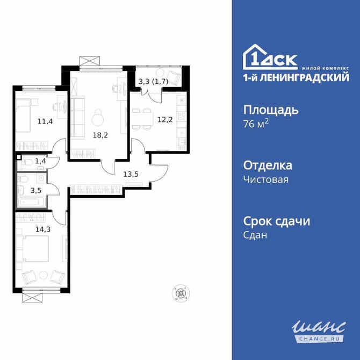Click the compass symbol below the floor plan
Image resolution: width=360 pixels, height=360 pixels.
tap(181, 293)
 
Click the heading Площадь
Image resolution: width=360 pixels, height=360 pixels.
tap(271, 110)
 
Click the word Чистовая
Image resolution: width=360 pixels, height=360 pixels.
tap(266, 179)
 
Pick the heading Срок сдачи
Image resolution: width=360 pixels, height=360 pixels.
tap(277, 221)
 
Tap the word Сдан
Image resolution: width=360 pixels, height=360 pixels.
tap(256, 235)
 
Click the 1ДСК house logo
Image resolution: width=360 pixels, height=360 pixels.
tap(270, 56)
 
